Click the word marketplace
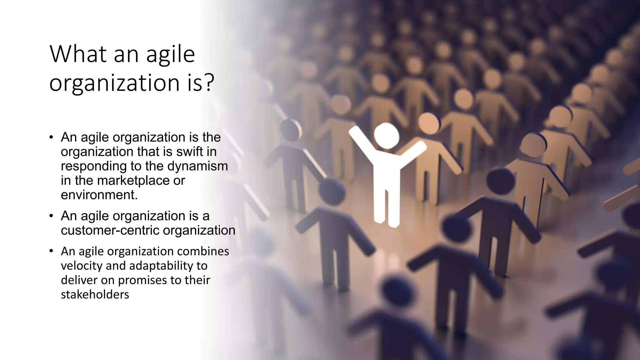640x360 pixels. (133, 181)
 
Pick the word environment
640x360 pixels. (99, 195)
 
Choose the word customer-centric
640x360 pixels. (110, 231)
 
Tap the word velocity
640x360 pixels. (82, 266)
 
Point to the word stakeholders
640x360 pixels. (95, 295)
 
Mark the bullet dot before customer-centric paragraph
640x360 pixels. (51, 216)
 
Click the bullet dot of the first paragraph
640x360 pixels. (51, 137)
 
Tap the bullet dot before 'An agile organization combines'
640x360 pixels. (51, 252)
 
